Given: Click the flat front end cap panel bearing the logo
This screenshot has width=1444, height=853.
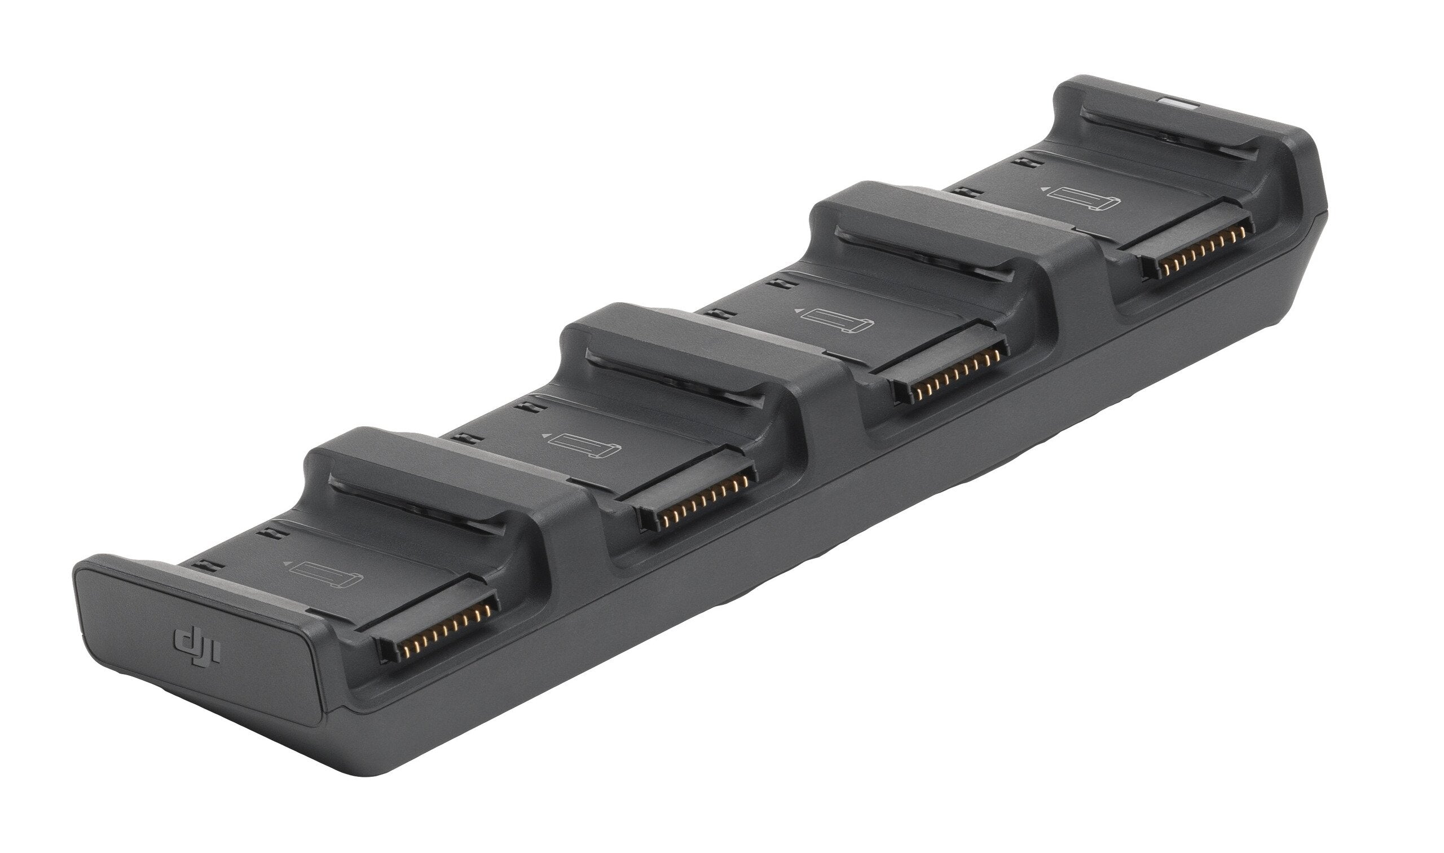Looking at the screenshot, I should point(196,638).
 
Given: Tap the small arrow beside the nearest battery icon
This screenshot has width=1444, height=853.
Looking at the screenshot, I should point(286,564).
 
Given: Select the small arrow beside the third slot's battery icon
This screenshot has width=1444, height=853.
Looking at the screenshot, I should point(797,311).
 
